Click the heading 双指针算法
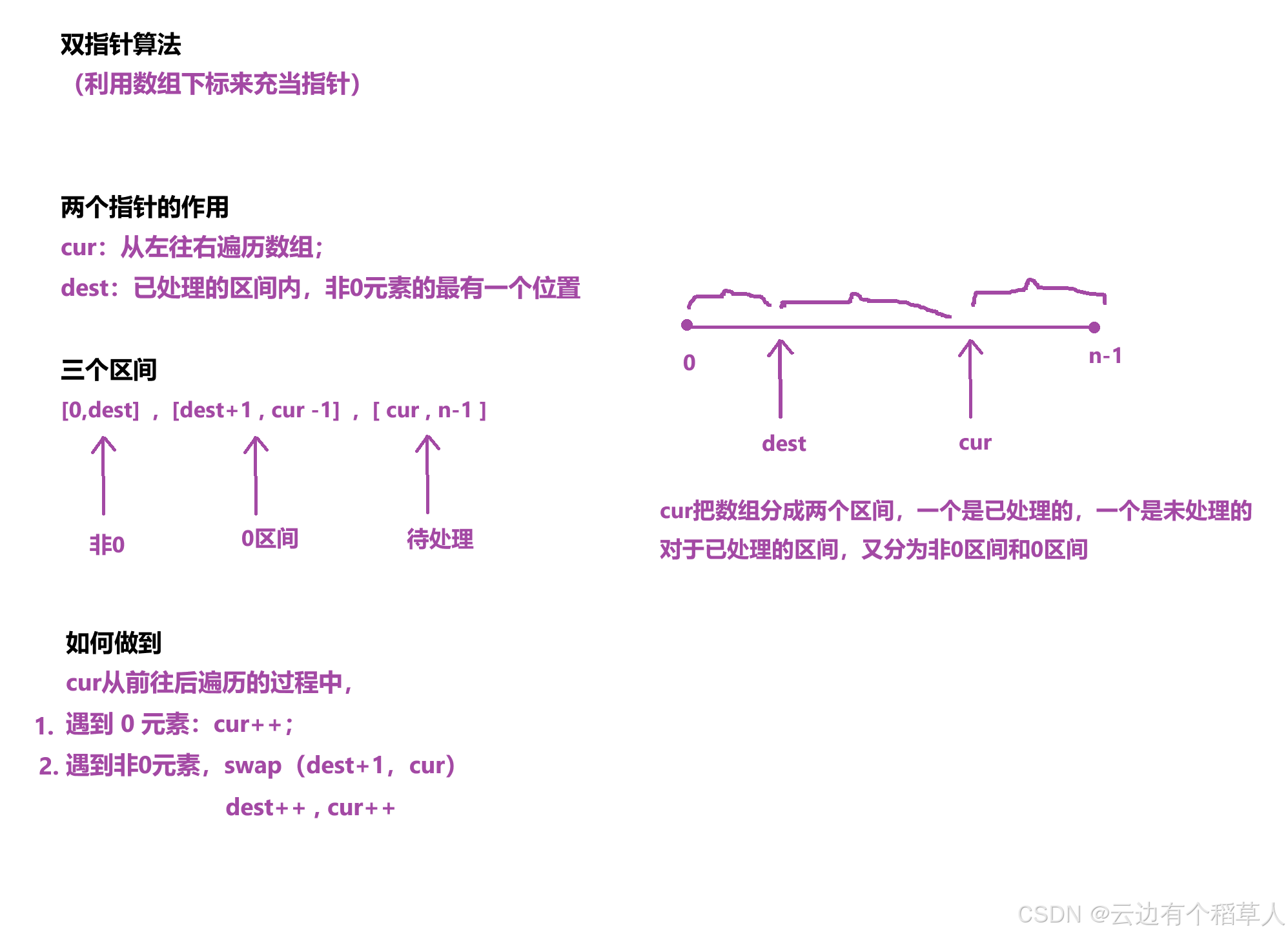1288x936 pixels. [x=121, y=45]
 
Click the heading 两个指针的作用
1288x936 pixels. [x=145, y=207]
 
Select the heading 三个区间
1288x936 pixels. [x=108, y=370]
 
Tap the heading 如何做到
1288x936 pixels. [x=113, y=643]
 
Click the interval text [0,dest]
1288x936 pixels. [x=100, y=410]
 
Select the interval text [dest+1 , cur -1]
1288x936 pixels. [x=256, y=410]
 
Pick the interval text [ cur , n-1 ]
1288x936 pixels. [x=429, y=410]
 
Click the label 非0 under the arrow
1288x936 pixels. [x=107, y=545]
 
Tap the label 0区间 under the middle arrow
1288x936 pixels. [x=269, y=538]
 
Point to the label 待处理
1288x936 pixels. [x=440, y=539]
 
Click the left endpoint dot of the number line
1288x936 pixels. [x=687, y=325]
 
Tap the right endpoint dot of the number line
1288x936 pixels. [x=1094, y=328]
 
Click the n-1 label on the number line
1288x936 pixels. [x=1105, y=356]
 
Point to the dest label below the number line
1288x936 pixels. [x=784, y=444]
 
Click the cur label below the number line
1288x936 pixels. [x=975, y=442]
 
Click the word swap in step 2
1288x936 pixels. [x=252, y=766]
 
